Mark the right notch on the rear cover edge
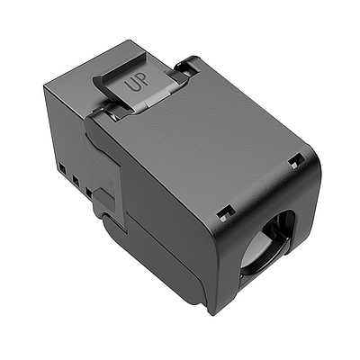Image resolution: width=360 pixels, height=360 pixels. pyautogui.click(x=295, y=160)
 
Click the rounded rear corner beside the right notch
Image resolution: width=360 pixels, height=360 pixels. pyautogui.click(x=311, y=171)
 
